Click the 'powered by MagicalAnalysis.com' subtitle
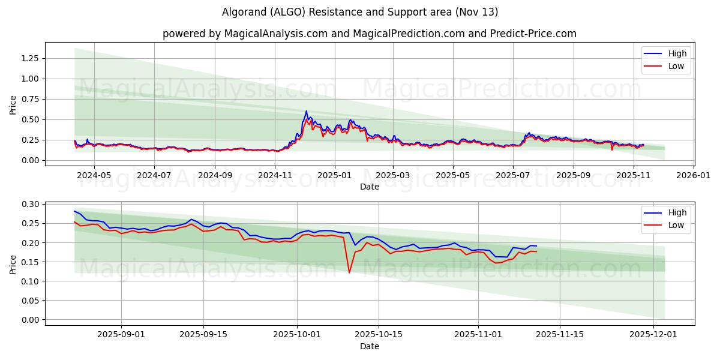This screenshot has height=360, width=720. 369,34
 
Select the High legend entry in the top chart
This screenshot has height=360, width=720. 677,53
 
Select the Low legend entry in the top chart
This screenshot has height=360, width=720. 676,66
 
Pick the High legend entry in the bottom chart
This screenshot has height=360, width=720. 677,212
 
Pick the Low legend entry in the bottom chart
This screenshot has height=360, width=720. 676,225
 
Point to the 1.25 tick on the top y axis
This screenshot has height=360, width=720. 29,58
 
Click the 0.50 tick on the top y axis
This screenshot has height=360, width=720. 29,119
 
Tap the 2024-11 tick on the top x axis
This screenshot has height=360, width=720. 275,175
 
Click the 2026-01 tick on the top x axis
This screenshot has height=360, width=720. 694,175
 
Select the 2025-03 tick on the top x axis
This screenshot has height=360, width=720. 393,175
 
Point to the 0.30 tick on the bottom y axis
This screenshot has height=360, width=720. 29,205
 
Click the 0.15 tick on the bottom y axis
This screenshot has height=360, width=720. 29,262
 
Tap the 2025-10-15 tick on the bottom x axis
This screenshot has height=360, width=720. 379,334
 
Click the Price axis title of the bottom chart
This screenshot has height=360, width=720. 13,263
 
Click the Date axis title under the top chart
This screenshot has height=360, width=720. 369,187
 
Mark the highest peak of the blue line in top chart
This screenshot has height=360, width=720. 307,111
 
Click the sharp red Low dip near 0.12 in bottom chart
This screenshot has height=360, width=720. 349,273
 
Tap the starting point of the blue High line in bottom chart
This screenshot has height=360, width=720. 74,211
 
